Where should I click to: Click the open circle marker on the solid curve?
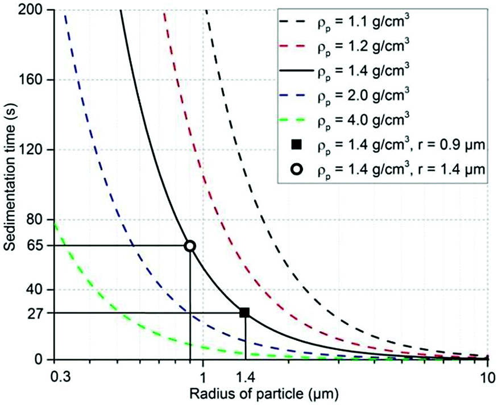click(190, 246)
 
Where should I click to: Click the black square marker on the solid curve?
click(244, 312)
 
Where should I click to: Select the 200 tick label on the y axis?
click(35, 10)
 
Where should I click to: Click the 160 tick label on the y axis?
click(35, 80)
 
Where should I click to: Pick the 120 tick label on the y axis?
click(35, 150)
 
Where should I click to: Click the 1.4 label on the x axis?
click(244, 377)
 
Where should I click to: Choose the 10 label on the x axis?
click(486, 377)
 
